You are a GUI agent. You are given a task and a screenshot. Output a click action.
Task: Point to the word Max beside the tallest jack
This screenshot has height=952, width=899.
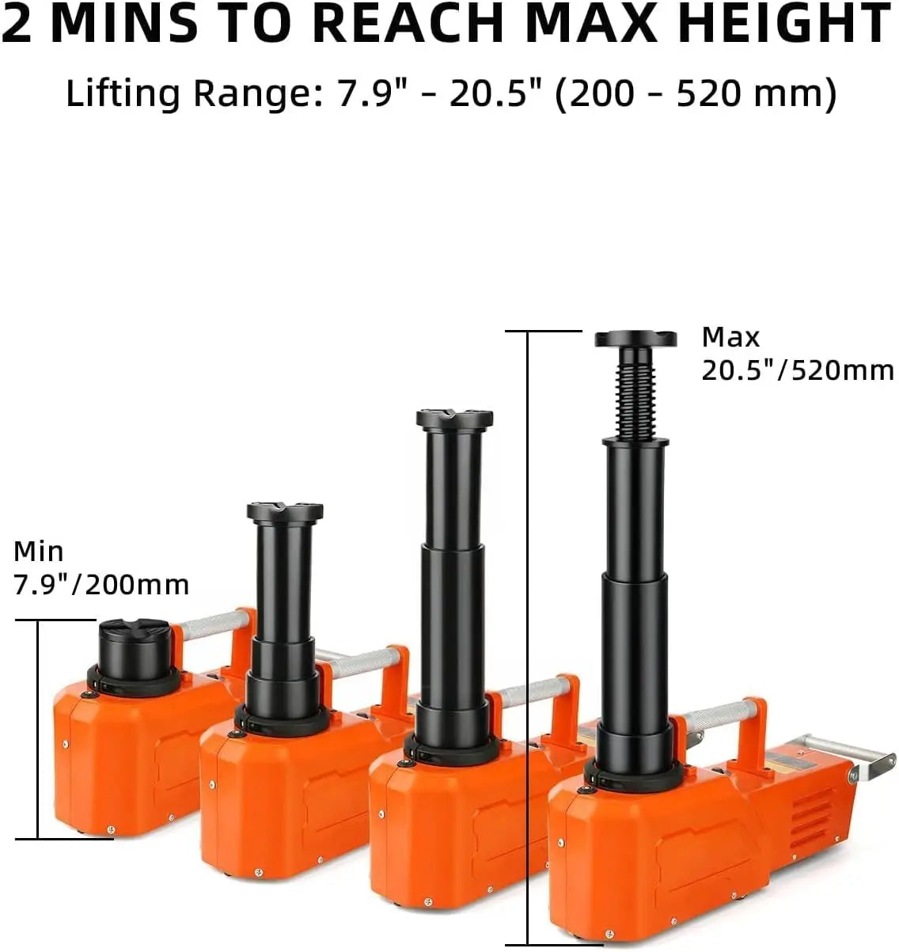(x=730, y=337)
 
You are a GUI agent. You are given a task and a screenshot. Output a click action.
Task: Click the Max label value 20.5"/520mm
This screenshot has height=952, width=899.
(x=798, y=370)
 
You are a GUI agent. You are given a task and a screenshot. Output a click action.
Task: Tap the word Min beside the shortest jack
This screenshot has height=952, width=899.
(x=38, y=552)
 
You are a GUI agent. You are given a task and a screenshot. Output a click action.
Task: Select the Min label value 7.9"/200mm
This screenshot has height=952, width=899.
(x=101, y=585)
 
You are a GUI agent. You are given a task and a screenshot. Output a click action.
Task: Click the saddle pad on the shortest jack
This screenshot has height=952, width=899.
(x=135, y=629)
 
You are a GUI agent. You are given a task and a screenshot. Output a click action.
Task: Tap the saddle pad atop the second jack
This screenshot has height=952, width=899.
(x=285, y=513)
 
